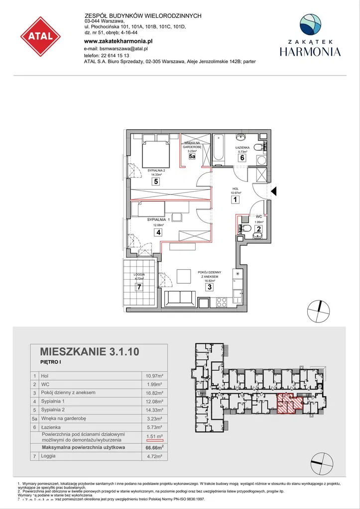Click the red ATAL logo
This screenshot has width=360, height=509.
pyautogui.click(x=40, y=36)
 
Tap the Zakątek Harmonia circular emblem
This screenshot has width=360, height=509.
pyautogui.click(x=310, y=25)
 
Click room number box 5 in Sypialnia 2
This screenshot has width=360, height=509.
pyautogui.click(x=156, y=182)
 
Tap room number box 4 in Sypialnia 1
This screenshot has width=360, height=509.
pyautogui.click(x=158, y=232)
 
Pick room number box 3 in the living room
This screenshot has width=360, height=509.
pyautogui.click(x=210, y=287)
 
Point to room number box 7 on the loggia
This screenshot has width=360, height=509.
pyautogui.click(x=139, y=287)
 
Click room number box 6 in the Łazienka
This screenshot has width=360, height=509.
pyautogui.click(x=242, y=158)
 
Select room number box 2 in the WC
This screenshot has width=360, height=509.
pyautogui.click(x=258, y=229)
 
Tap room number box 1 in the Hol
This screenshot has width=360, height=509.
pyautogui.click(x=235, y=200)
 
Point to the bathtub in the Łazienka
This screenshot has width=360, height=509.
pyautogui.click(x=219, y=149)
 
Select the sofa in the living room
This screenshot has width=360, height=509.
pyautogui.click(x=180, y=299)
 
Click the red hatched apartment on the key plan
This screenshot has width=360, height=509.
pyautogui.click(x=289, y=402)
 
